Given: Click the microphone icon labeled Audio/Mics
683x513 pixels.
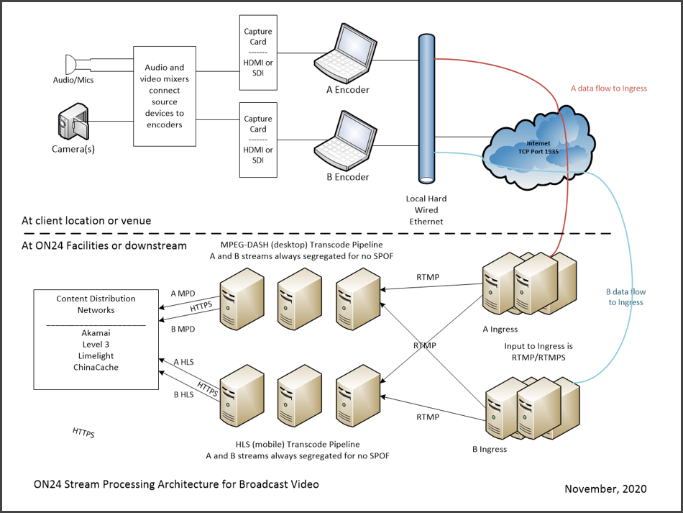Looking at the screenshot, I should tap(72, 63).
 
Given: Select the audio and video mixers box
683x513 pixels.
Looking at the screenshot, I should tap(165, 96).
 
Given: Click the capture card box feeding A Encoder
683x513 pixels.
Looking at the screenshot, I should tap(258, 53).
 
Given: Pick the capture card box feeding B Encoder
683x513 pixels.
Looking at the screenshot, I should tap(258, 139).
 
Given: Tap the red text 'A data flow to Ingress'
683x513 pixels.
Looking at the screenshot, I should tap(609, 88).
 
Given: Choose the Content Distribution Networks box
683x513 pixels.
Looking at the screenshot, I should tap(96, 340).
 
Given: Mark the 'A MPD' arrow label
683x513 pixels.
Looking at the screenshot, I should tap(183, 294).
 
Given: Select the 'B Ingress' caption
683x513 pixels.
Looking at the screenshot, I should tap(489, 449).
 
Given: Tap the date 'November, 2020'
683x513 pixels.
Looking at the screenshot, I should tap(605, 489).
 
